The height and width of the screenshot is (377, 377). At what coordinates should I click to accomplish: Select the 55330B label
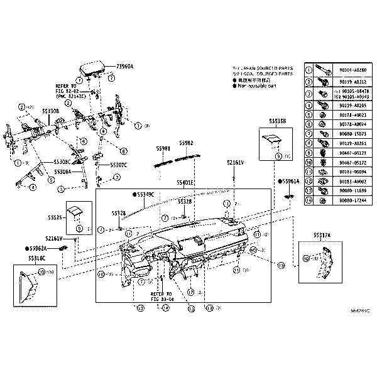point(50,111)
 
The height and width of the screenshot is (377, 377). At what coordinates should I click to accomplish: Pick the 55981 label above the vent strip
point(163,149)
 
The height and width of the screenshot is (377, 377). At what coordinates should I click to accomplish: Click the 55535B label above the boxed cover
point(277,121)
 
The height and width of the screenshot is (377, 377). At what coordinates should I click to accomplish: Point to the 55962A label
point(38,248)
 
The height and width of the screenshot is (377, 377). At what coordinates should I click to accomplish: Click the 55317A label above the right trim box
point(322,235)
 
